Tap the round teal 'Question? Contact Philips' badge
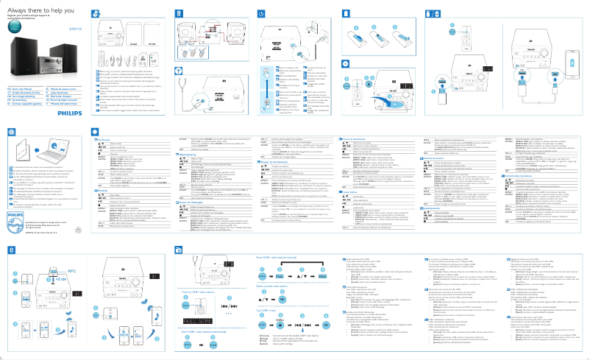point(12,27)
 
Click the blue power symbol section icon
point(261,15)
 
